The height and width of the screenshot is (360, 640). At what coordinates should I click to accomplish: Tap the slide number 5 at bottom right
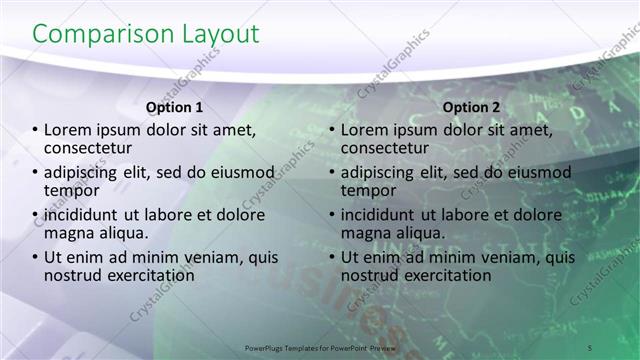tap(590, 346)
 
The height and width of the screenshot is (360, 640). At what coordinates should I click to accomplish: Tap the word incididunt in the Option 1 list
tap(87, 215)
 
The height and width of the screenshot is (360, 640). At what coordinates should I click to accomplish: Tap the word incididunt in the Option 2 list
tap(383, 215)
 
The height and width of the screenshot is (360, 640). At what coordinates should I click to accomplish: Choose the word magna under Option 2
tap(363, 232)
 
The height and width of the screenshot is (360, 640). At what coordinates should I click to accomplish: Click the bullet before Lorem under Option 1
tap(36, 130)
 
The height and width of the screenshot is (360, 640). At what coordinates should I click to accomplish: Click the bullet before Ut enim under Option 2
tap(332, 258)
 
